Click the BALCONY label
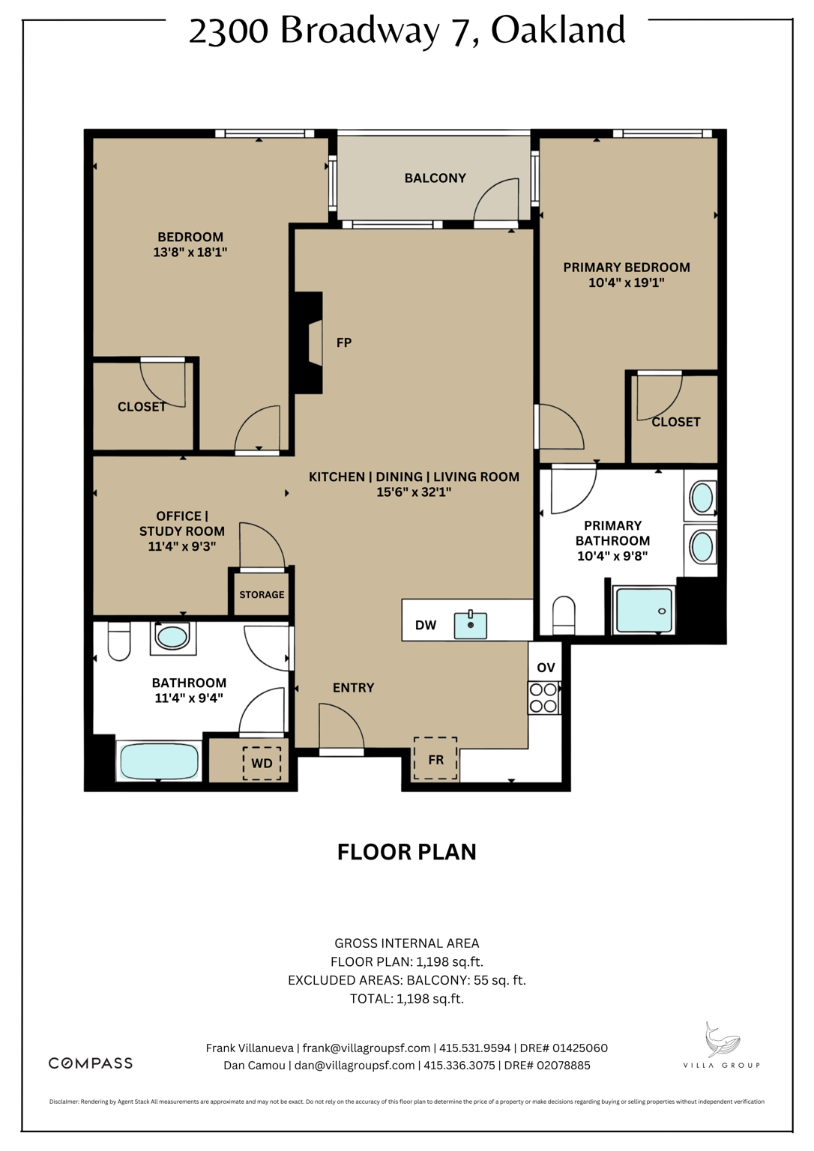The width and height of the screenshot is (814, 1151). point(435,178)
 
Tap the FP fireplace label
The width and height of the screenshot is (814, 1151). point(343,343)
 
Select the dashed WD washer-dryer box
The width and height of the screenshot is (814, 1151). point(262,764)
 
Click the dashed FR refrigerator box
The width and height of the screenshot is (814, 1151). point(435,759)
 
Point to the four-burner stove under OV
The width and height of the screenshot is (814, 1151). point(543,698)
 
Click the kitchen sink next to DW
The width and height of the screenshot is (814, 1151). point(471,625)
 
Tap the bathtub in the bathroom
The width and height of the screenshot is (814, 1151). point(159,761)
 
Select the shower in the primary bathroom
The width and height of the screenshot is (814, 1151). point(644,610)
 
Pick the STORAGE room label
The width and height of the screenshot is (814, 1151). point(262,595)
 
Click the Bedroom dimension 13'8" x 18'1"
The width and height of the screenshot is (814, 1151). point(190,253)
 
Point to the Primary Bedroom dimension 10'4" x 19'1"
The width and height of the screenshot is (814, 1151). point(626,283)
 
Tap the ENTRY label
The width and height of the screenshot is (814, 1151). point(353,688)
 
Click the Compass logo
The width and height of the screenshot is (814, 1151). point(91,1063)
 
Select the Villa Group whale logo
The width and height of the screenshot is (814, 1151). point(721,1042)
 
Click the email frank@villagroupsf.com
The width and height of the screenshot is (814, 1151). point(367,1048)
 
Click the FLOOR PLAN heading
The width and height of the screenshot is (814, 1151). point(406,852)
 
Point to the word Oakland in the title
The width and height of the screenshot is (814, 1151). point(558,31)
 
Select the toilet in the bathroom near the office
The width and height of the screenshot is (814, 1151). point(119,641)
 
